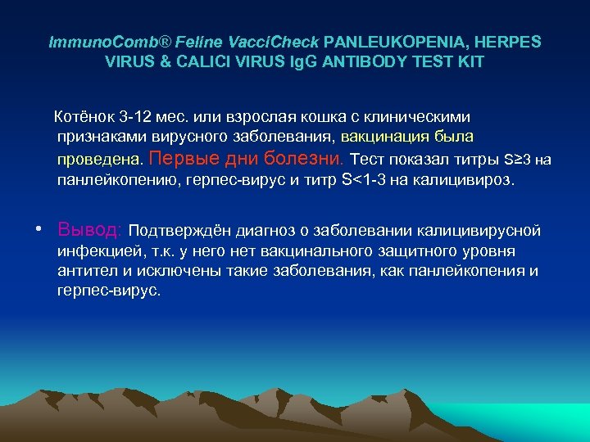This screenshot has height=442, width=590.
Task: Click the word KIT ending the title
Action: tap(467, 62)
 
